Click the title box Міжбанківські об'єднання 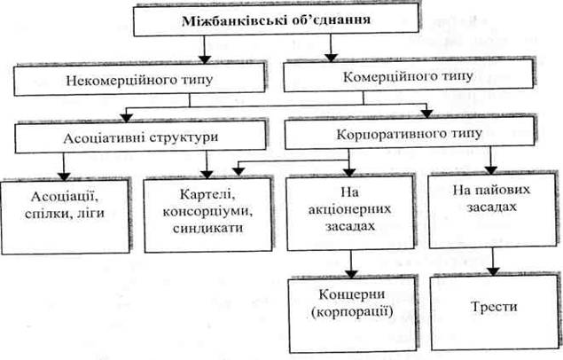pos(276,20)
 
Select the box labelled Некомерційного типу pos(139,80)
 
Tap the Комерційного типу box pos(408,76)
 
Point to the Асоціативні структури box pos(140,137)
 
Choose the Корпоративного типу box pos(410,134)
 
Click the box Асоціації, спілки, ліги pos(65,216)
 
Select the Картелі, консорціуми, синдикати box pos(207,215)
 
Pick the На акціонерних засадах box pos(350,213)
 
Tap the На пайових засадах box pos(493,211)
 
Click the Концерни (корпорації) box pos(353,315)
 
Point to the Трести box pos(495,312)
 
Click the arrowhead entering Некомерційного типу pos(205,59)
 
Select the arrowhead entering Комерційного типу pos(331,58)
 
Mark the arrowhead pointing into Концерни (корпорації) pos(351,273)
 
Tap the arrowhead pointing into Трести pos(494,271)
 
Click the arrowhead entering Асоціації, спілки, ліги pos(64,176)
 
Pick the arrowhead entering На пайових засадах pos(491,170)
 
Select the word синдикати pos(207,228)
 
